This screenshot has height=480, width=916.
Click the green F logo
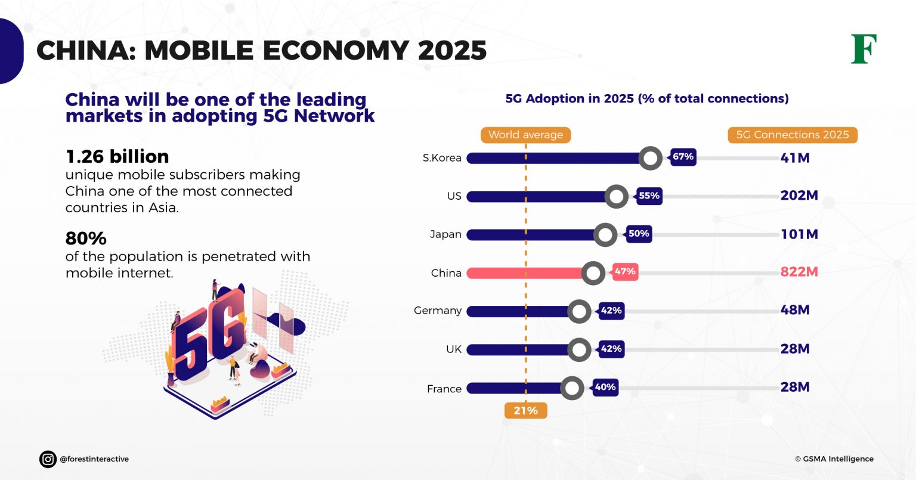(x=864, y=49)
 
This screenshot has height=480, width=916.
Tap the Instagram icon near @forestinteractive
(x=48, y=459)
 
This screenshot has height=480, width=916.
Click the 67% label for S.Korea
(x=683, y=157)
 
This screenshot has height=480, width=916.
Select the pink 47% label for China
(x=625, y=271)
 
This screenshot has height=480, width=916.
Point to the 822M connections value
(x=799, y=272)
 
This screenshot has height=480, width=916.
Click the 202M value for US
(x=799, y=196)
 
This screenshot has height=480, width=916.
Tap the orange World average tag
(x=525, y=135)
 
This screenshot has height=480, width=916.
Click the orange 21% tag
(x=525, y=410)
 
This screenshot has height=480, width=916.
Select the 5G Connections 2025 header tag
(x=792, y=135)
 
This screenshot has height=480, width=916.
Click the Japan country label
(x=445, y=234)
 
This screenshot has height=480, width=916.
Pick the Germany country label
(x=438, y=311)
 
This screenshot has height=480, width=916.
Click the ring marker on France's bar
(x=572, y=388)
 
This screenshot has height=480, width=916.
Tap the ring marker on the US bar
(x=616, y=196)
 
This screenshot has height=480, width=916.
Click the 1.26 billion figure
(x=117, y=157)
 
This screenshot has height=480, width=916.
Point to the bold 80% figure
(x=86, y=239)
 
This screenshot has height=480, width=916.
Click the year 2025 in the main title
(x=452, y=51)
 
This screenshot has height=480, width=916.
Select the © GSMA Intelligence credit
(x=834, y=459)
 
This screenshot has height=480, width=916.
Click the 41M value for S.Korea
(x=794, y=158)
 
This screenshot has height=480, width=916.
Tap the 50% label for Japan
(x=638, y=234)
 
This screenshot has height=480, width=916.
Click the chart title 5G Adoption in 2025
(x=646, y=98)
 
